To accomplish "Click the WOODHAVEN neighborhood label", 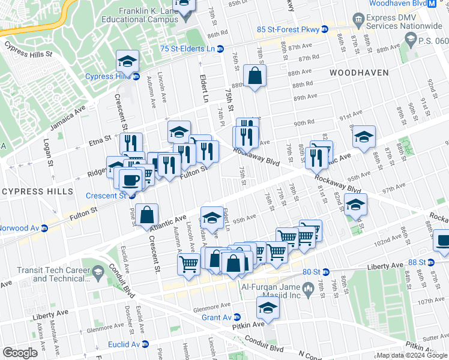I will point(359,73).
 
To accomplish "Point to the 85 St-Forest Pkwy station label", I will point(288,29).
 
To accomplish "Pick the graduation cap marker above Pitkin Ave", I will point(267,308).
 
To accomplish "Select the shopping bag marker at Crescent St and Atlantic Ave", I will point(146,214).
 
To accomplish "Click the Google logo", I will point(20,353).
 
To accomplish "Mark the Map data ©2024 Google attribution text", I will point(412,355).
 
